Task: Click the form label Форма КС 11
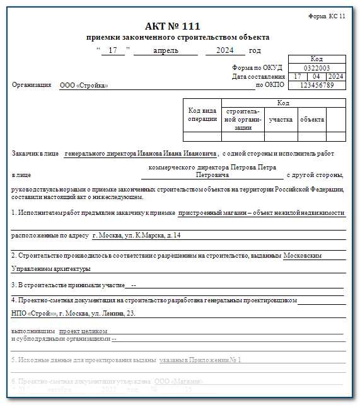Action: pos(327,16)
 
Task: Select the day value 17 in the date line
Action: pos(113,51)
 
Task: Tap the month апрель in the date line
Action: pos(166,51)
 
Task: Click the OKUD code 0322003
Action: pos(316,67)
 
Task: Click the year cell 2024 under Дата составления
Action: pos(335,76)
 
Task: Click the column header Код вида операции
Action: pos(202,115)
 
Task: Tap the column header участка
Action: pos(281,119)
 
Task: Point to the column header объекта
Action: pos(312,119)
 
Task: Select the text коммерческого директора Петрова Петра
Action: pos(212,168)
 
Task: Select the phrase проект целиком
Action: pos(83,331)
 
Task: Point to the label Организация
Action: pos(32,85)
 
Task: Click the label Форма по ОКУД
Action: pos(257,68)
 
